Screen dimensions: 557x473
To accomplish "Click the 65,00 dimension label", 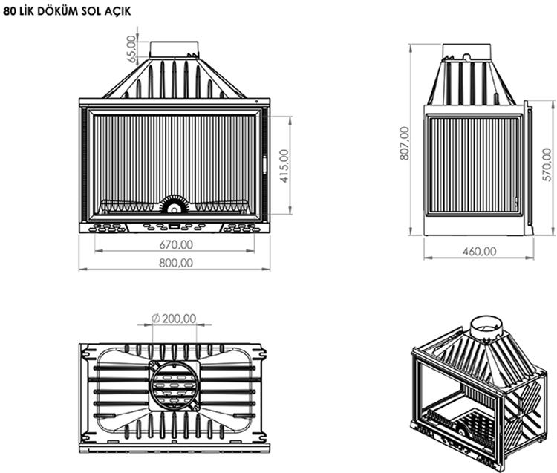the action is click(x=131, y=49).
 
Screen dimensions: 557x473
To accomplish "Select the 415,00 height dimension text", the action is click(x=284, y=166).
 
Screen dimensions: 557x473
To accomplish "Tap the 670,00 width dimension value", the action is click(x=176, y=244).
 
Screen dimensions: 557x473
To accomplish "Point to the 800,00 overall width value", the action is click(x=176, y=263).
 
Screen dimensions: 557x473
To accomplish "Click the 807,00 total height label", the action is click(x=404, y=143).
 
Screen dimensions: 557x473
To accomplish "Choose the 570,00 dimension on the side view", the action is click(x=547, y=164).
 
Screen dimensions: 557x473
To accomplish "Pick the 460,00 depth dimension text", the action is click(x=479, y=252).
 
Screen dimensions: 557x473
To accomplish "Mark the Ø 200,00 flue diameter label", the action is click(x=174, y=318).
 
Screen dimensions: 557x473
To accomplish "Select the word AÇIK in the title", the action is click(x=117, y=11).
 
